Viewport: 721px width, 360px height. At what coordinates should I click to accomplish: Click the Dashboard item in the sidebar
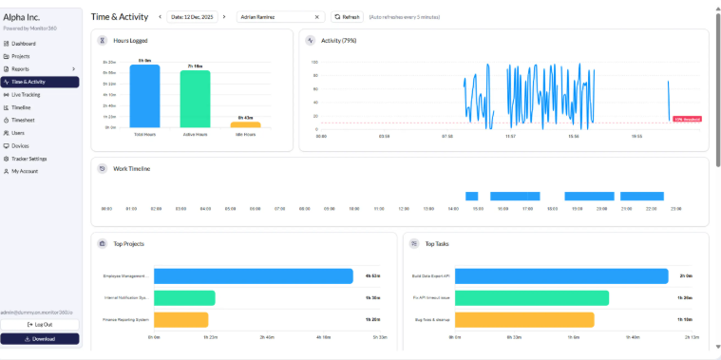24,44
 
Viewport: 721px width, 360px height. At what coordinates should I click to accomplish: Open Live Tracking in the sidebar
26,95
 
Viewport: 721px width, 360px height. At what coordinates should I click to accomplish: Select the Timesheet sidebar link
23,121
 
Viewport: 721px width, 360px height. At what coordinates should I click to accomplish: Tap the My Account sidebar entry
25,171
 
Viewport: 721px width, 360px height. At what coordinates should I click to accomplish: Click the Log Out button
40,325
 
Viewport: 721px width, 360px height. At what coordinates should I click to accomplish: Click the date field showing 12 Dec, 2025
193,17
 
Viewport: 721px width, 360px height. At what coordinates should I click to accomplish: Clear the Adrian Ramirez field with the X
317,17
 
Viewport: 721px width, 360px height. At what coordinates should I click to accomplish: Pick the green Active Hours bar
195,98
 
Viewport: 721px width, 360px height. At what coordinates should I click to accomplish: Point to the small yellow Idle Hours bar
245,123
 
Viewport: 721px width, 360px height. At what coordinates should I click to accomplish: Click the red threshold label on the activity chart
686,119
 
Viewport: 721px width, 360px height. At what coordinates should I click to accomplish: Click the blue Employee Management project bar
253,276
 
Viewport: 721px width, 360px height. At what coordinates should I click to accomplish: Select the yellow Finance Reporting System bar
180,319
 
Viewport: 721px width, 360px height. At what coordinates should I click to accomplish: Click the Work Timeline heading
132,168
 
